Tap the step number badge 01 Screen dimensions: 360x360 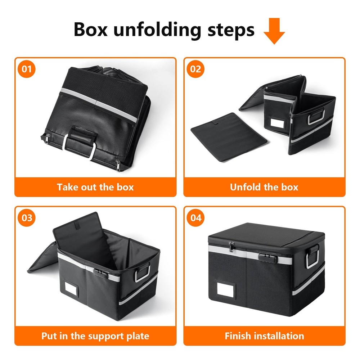point(27,69)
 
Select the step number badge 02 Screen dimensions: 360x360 point(195,69)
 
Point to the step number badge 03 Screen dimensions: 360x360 point(27,218)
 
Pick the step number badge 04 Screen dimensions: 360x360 point(195,218)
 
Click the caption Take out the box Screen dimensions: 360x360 point(95,187)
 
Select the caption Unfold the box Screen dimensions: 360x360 point(264,187)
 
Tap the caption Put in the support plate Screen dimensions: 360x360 point(95,336)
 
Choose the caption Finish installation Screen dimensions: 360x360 point(264,336)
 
